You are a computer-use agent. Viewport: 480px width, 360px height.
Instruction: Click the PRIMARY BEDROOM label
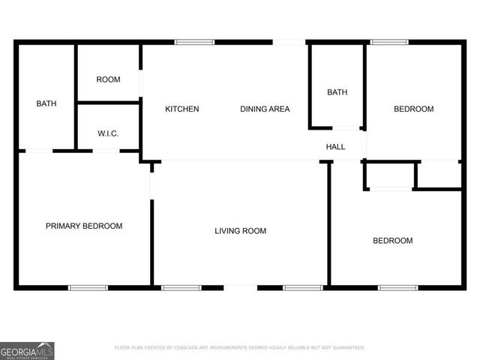[84, 226]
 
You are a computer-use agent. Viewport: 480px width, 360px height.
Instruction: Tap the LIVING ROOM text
[240, 231]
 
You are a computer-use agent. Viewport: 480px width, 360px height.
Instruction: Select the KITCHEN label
[182, 109]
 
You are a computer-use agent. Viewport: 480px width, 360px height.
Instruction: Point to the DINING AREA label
[265, 109]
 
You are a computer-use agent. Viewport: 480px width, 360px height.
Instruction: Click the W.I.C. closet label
[108, 134]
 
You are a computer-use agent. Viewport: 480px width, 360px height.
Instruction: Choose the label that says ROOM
[109, 79]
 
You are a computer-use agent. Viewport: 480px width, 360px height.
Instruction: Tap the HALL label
[335, 147]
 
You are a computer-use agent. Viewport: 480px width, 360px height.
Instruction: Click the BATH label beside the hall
[337, 92]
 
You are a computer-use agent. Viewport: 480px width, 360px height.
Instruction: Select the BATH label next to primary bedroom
[46, 103]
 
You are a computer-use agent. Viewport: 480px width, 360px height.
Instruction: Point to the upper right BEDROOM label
[414, 109]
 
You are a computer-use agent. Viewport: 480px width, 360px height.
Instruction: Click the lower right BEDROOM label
[393, 241]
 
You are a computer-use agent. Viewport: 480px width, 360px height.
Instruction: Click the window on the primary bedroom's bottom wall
[88, 287]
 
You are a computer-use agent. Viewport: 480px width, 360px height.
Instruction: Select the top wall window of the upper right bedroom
[389, 42]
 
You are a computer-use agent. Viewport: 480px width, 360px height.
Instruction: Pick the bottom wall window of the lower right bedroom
[397, 287]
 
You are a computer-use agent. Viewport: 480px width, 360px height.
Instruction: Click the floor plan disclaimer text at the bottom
[240, 348]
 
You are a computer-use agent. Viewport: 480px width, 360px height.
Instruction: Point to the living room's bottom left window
[181, 287]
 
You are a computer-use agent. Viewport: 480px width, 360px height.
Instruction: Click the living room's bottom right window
[302, 287]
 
